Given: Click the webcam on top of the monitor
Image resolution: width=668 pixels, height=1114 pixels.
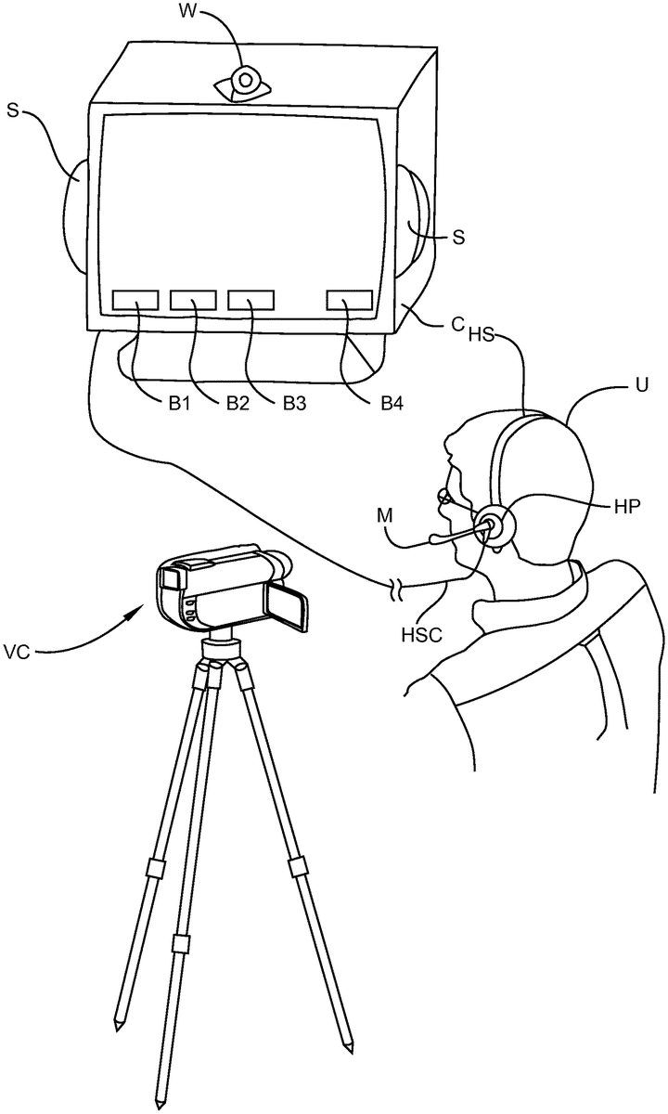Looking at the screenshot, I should [244, 82].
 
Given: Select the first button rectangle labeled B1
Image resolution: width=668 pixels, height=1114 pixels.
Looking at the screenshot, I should [135, 299].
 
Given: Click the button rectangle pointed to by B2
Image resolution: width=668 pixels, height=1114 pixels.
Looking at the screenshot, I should [193, 299].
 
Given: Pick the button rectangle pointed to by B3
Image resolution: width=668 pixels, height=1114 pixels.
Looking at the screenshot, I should [251, 299].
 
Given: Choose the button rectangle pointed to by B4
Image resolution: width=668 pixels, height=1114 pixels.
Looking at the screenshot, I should [350, 299].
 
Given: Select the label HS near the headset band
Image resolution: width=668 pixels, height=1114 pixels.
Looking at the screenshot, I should [482, 332].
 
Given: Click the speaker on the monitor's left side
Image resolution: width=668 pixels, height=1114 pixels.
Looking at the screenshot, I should [76, 214].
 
